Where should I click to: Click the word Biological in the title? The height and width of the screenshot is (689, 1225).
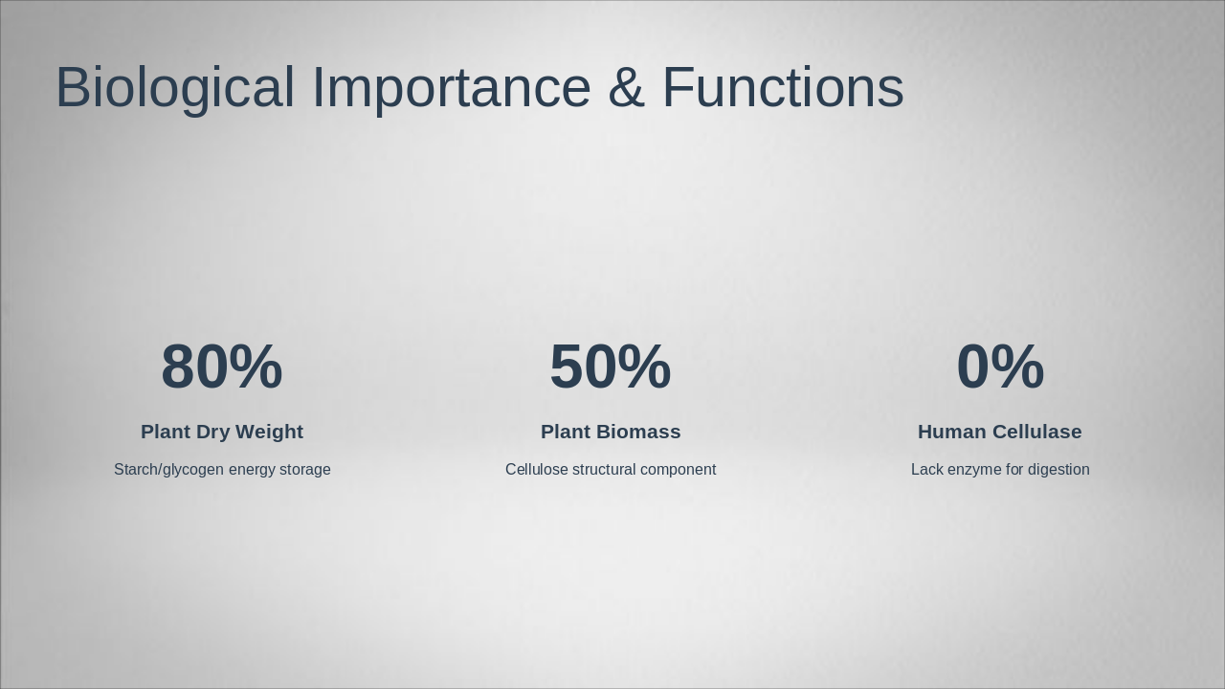pos(174,88)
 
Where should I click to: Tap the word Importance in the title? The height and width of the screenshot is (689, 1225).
pos(451,88)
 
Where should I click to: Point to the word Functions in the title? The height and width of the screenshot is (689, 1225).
pos(782,88)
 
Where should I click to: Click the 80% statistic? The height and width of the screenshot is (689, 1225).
pos(222,367)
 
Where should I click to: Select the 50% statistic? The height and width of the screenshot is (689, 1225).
pos(611,367)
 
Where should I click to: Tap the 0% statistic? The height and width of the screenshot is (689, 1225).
pos(1000,367)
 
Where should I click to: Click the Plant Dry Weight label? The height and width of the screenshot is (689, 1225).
pos(222,432)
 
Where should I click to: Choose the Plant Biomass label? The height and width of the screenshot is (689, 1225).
pos(611,432)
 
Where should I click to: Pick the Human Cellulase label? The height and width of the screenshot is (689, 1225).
pos(1000,432)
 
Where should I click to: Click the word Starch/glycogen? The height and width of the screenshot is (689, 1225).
pos(168,470)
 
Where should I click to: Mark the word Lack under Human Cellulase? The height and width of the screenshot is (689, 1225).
pos(927,470)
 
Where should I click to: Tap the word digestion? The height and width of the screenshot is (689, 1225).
pos(1058,470)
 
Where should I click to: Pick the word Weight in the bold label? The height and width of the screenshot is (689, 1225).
pos(271,432)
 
